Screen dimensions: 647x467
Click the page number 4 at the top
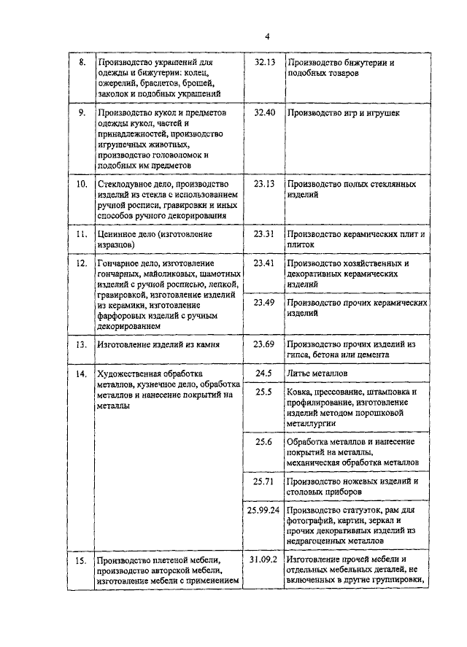click(267, 36)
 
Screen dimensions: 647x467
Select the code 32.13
click(264, 63)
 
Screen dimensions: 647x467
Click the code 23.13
click(264, 184)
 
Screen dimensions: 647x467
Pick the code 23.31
click(264, 233)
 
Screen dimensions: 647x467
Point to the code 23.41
click(264, 263)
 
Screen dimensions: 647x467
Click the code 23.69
click(264, 343)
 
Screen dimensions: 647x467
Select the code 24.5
click(264, 373)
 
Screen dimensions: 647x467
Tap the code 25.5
click(264, 392)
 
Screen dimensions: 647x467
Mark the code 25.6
click(264, 441)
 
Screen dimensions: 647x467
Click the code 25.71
click(264, 481)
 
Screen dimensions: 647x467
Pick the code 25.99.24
click(263, 511)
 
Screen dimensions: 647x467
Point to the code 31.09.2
click(263, 559)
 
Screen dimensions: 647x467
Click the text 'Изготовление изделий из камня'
click(158, 343)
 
